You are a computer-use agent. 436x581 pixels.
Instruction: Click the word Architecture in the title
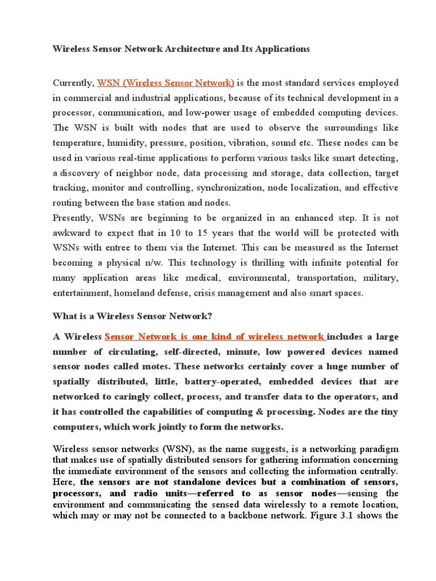point(188,49)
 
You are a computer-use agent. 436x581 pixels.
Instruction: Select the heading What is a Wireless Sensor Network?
point(132,316)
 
